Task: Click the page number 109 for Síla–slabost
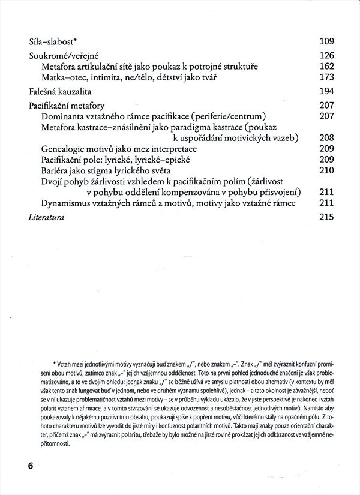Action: [326, 41]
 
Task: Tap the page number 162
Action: [326, 66]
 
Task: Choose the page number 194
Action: [326, 91]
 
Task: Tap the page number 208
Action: [326, 138]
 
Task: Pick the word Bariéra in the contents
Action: [58, 170]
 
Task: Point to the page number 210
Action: [326, 170]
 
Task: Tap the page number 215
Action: [326, 217]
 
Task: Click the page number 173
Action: [326, 77]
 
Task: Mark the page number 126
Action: [326, 55]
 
